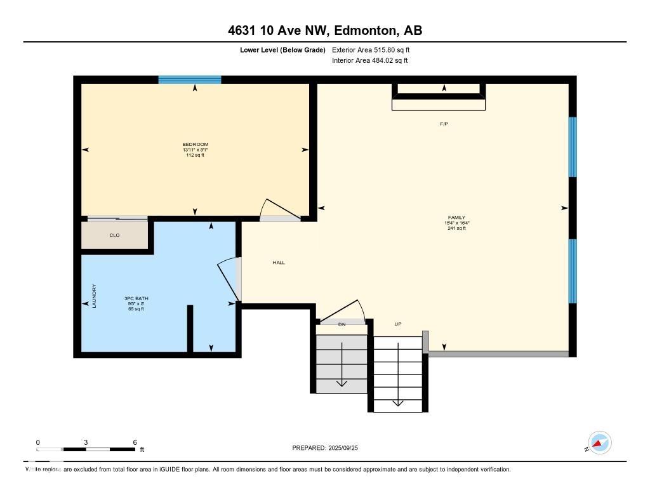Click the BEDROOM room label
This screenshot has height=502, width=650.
point(195,145)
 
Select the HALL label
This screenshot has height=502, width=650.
point(279,263)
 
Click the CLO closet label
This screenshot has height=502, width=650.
point(114,235)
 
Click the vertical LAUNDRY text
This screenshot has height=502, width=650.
point(94,296)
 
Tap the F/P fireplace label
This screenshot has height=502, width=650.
point(444,124)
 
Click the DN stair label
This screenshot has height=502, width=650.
point(342,324)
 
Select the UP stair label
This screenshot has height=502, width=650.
point(398,324)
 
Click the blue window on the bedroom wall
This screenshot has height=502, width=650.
point(189,80)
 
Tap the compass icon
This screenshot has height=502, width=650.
point(599,443)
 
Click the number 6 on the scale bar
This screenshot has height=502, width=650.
point(135,442)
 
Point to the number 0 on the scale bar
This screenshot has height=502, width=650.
point(38,442)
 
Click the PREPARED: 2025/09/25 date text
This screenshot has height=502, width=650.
point(329,448)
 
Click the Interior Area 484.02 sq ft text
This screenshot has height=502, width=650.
point(369,61)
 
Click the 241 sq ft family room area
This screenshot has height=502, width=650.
point(456,228)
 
